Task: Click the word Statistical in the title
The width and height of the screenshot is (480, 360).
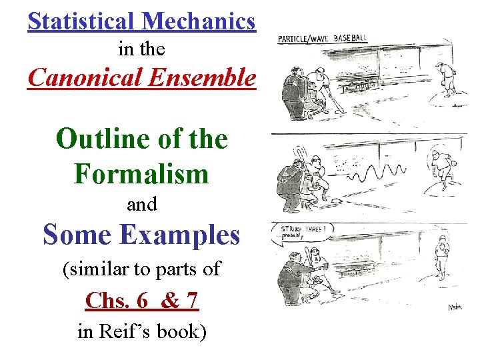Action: coord(81,21)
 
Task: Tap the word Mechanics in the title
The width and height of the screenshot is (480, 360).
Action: coord(198,21)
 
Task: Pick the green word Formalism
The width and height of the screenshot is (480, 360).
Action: coord(141,175)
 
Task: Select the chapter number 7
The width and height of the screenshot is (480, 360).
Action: coord(191,301)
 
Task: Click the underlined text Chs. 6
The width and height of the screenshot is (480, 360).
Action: coord(117,301)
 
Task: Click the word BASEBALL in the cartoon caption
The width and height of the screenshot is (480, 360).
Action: coord(350,38)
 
